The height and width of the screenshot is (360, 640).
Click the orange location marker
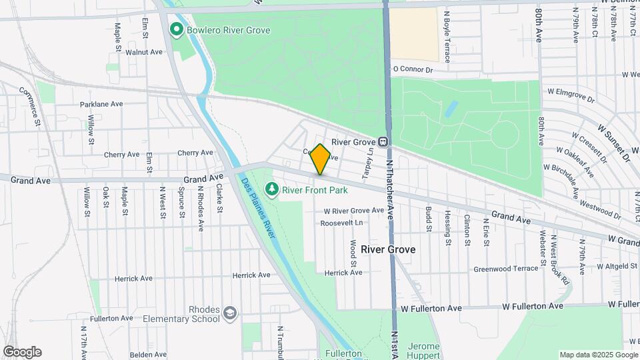click(320, 159)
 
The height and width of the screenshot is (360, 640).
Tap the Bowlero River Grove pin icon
click(177, 29)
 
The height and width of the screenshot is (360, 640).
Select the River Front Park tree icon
click(272, 190)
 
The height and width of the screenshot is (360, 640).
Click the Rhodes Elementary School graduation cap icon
click(230, 313)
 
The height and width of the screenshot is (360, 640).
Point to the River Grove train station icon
click(383, 142)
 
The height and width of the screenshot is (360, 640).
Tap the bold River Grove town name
click(388, 249)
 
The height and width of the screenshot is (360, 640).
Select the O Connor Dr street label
click(423, 69)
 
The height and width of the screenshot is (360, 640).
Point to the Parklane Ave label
click(101, 104)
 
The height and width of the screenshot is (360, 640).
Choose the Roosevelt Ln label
click(342, 223)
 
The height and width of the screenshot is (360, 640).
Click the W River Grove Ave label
click(354, 210)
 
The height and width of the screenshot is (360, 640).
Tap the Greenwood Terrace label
click(505, 269)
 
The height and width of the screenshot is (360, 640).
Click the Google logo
click(22, 352)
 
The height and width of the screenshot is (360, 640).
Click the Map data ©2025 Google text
click(598, 355)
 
